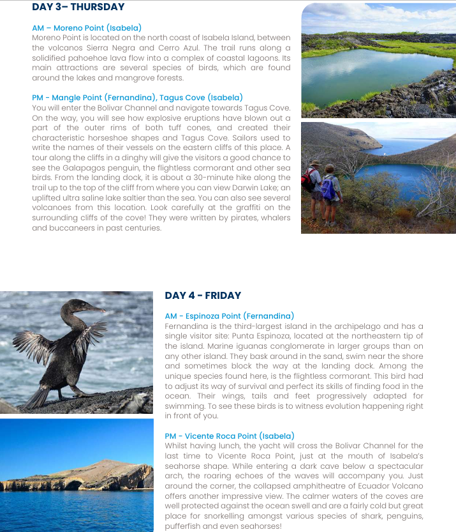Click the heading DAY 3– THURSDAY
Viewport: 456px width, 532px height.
tap(78, 7)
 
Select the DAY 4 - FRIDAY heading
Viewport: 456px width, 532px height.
tap(203, 295)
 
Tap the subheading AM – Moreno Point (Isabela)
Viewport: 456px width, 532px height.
tap(87, 28)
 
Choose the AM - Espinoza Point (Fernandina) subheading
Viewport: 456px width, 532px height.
tap(229, 316)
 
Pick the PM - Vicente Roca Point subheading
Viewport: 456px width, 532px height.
tap(229, 436)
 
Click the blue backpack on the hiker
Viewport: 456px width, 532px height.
tap(328, 188)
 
